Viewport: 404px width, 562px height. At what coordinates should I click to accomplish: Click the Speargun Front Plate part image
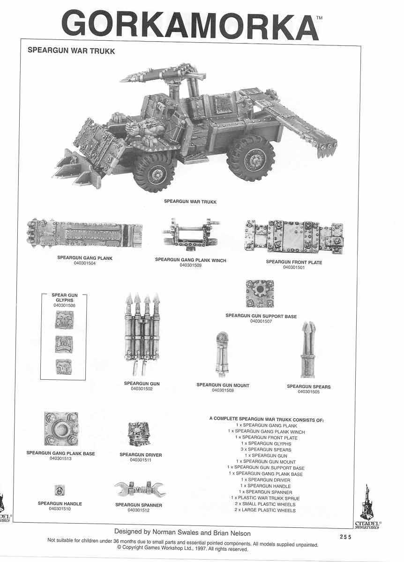click(293, 237)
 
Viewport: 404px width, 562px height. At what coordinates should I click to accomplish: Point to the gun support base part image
click(260, 294)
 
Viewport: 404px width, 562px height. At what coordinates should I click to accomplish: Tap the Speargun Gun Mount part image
click(222, 355)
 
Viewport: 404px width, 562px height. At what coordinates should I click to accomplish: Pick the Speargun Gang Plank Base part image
click(61, 429)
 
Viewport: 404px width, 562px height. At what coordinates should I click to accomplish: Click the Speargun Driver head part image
click(139, 434)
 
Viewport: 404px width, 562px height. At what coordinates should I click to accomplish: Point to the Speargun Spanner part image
click(140, 489)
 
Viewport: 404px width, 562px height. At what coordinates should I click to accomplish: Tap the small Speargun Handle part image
click(60, 490)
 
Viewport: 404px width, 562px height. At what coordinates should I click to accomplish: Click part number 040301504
click(85, 263)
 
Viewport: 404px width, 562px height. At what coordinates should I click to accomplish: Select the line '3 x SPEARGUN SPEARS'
click(265, 450)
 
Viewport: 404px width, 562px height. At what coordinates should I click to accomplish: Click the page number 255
click(346, 537)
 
